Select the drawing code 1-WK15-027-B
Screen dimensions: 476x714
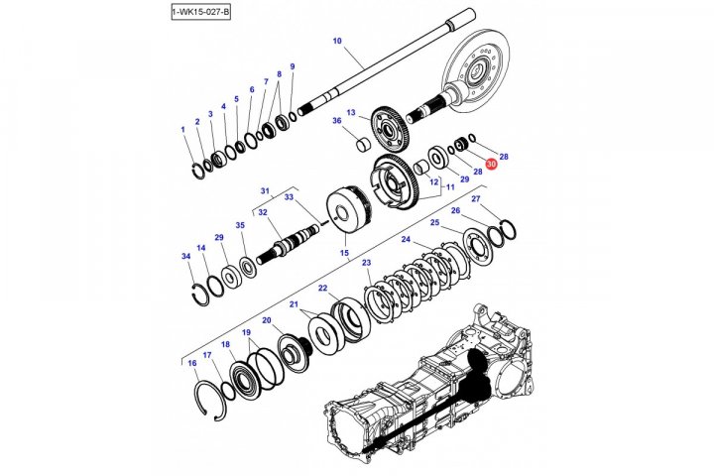[200, 11]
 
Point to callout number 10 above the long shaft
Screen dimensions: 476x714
[337, 42]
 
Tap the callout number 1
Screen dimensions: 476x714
[182, 130]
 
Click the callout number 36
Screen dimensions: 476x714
[336, 121]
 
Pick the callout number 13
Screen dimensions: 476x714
[351, 113]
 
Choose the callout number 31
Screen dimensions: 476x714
[265, 190]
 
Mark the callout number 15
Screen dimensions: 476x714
[344, 254]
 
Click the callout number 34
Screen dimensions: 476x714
[185, 257]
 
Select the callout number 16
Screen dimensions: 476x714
[192, 364]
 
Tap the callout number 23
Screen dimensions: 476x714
[366, 263]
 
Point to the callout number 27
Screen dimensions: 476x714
[476, 200]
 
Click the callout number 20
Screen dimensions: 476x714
[267, 320]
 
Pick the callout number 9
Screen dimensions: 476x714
[292, 66]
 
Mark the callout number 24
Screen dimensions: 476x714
[406, 240]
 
